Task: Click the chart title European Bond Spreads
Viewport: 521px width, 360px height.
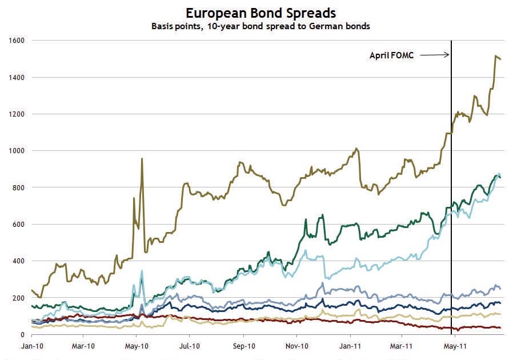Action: coord(260,13)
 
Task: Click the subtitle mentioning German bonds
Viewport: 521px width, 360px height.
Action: coord(260,26)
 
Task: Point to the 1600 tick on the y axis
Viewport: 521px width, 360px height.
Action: coord(17,41)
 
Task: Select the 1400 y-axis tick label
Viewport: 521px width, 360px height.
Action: coord(17,77)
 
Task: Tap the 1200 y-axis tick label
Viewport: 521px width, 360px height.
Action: coord(17,114)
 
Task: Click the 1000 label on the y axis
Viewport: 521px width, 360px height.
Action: coord(17,151)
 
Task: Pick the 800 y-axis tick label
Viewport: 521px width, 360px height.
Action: coord(19,187)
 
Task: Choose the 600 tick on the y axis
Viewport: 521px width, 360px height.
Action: coord(19,225)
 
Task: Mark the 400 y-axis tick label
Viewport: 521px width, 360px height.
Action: coord(19,261)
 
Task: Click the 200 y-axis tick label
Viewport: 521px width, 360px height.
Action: coord(19,298)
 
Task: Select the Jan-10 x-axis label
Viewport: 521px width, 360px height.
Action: coord(31,346)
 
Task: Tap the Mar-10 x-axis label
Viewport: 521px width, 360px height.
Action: coord(83,346)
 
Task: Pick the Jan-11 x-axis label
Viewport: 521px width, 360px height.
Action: coord(350,346)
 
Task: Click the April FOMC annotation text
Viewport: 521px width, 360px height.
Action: coord(392,55)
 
